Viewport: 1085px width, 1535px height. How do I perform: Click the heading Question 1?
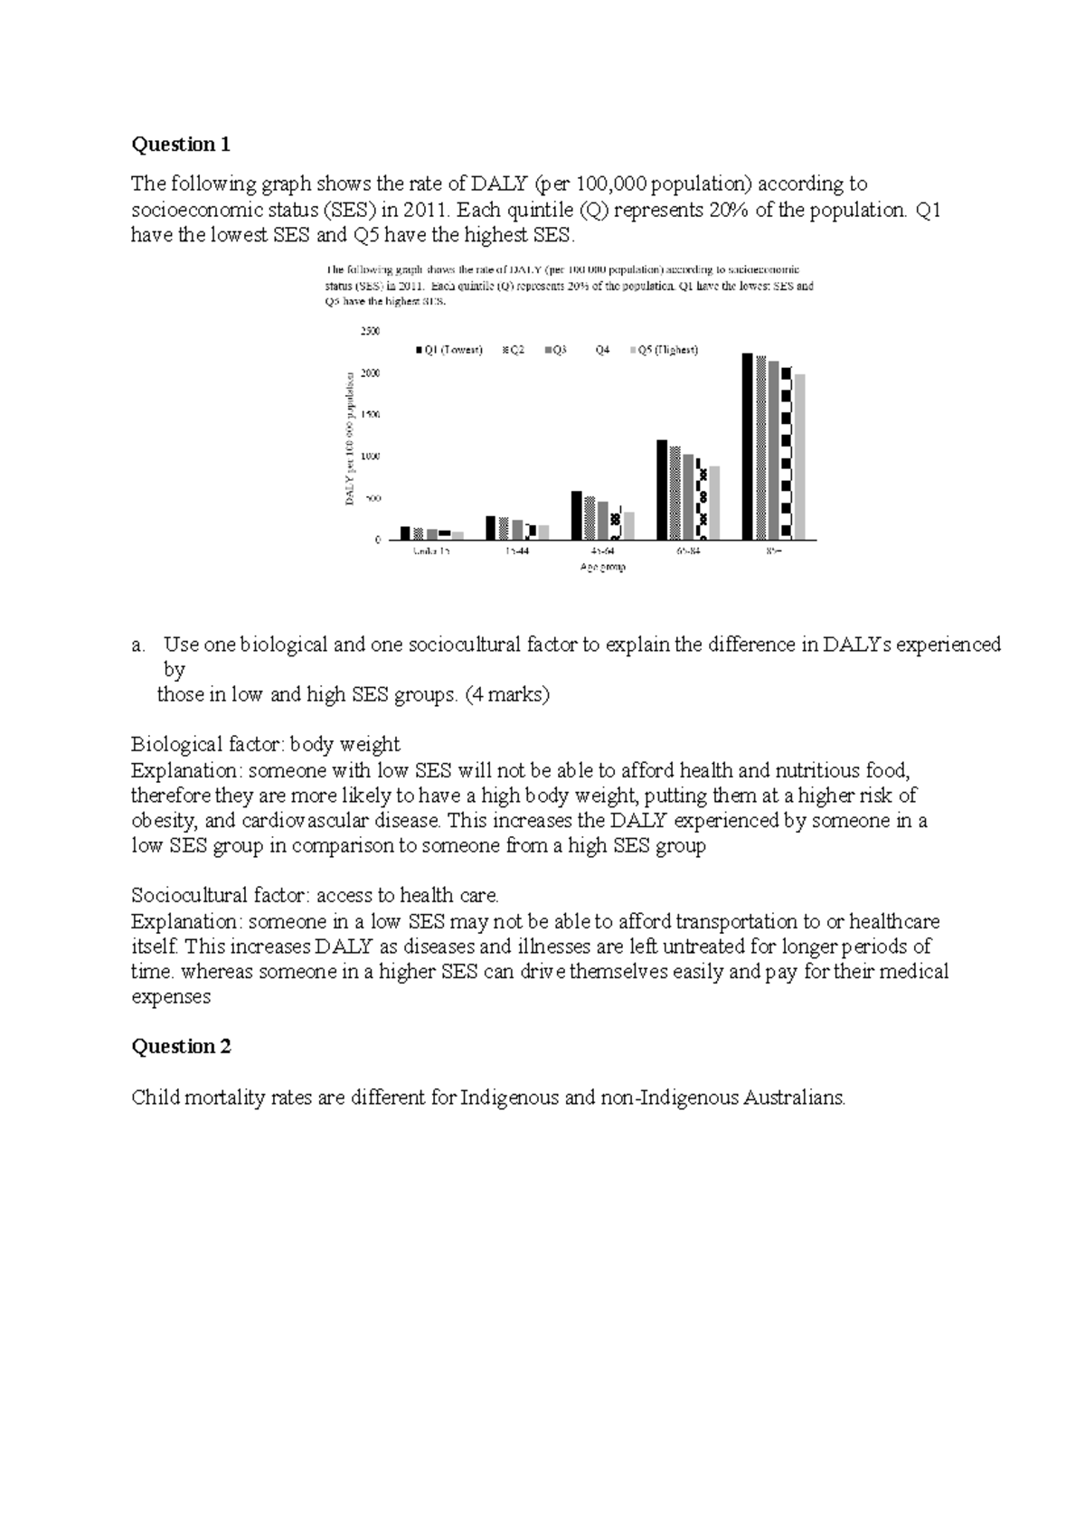click(x=181, y=145)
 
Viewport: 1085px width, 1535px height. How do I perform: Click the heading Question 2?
click(x=181, y=1047)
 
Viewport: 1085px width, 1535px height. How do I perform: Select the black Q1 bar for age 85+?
click(x=747, y=447)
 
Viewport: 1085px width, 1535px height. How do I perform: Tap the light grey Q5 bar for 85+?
click(x=799, y=457)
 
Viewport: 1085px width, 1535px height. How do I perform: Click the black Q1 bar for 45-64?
click(x=576, y=515)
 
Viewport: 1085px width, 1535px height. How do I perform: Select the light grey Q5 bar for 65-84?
click(x=714, y=503)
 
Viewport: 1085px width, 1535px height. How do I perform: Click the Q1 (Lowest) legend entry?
click(x=448, y=350)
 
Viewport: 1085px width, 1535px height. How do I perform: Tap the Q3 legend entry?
click(x=555, y=350)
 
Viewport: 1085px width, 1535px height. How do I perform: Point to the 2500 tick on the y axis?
click(x=371, y=332)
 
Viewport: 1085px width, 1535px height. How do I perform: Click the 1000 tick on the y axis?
click(x=371, y=457)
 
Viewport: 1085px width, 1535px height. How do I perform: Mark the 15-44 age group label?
click(x=518, y=551)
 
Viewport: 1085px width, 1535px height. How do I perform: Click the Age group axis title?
click(x=603, y=567)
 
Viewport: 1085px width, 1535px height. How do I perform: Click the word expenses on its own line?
click(x=171, y=997)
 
